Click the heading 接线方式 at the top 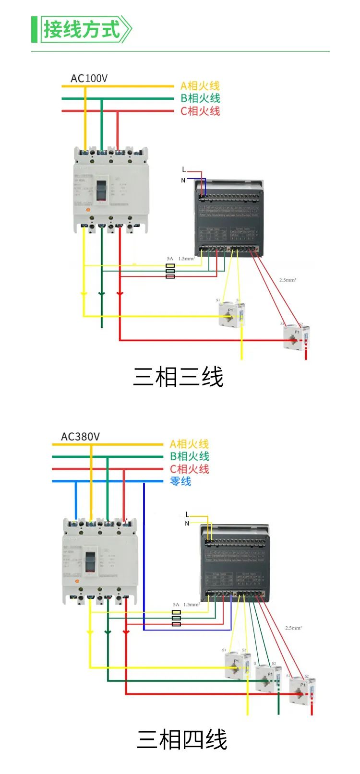[x=82, y=29]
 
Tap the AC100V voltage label [x=89, y=78]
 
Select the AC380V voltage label [x=80, y=437]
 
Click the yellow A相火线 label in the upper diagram [x=200, y=86]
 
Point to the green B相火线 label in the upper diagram [x=200, y=98]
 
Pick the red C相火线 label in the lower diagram [x=189, y=469]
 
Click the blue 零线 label [x=180, y=481]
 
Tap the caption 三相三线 [x=178, y=377]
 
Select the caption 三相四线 [x=181, y=739]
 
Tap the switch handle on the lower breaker [x=90, y=562]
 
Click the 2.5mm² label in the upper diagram [x=288, y=280]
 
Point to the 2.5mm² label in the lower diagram [x=293, y=628]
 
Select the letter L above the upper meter [x=183, y=169]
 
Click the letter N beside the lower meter [x=187, y=524]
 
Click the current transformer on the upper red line [x=295, y=336]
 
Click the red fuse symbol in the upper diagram [x=170, y=276]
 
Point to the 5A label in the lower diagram [x=176, y=605]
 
